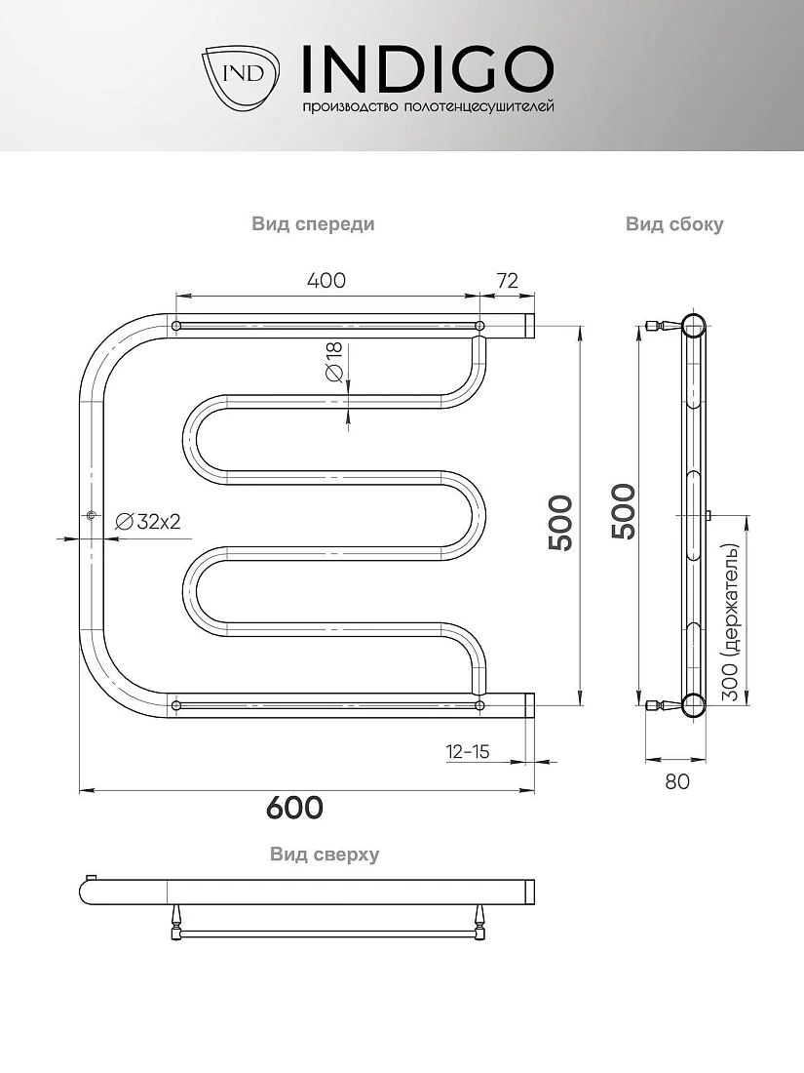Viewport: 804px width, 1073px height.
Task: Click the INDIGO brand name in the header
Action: point(427,69)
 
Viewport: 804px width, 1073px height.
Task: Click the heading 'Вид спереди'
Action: point(313,223)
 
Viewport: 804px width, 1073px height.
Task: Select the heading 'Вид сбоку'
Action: point(674,224)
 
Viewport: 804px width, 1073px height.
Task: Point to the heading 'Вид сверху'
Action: point(325,854)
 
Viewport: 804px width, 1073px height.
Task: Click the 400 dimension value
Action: point(326,281)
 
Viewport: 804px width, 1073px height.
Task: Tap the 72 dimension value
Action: point(507,281)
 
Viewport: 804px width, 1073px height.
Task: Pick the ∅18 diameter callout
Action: point(334,363)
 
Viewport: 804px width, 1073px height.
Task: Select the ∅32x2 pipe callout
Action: point(148,522)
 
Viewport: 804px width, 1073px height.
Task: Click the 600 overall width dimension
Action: point(294,808)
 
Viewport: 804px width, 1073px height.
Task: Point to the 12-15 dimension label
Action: point(469,751)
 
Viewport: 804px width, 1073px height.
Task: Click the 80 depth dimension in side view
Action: point(677,781)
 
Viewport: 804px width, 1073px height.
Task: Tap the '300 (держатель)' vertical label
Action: point(731,622)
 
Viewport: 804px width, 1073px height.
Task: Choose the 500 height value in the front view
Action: point(560,523)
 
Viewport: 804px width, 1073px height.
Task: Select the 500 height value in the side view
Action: point(624,511)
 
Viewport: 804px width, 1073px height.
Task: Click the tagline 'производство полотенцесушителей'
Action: point(428,106)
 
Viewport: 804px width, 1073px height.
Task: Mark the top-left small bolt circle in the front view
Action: point(176,326)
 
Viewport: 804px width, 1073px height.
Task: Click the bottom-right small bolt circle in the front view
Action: point(479,705)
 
